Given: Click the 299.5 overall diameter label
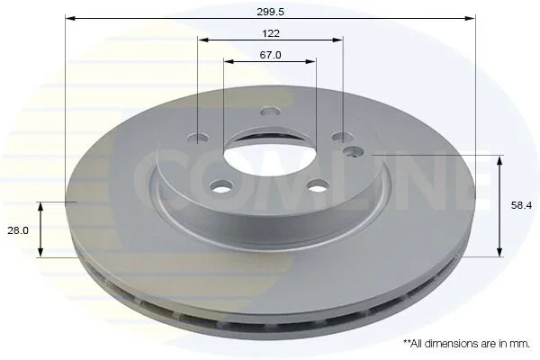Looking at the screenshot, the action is point(270,12).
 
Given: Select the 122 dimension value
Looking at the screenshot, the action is point(271,33).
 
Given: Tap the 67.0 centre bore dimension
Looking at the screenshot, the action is point(270,55).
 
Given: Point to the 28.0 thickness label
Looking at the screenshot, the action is point(18,230).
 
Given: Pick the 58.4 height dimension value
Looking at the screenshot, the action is point(521,205).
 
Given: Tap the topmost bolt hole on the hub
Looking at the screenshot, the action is point(270,112).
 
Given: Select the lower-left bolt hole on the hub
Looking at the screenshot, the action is point(220,187).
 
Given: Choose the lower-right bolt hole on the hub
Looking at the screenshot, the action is point(318,187).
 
